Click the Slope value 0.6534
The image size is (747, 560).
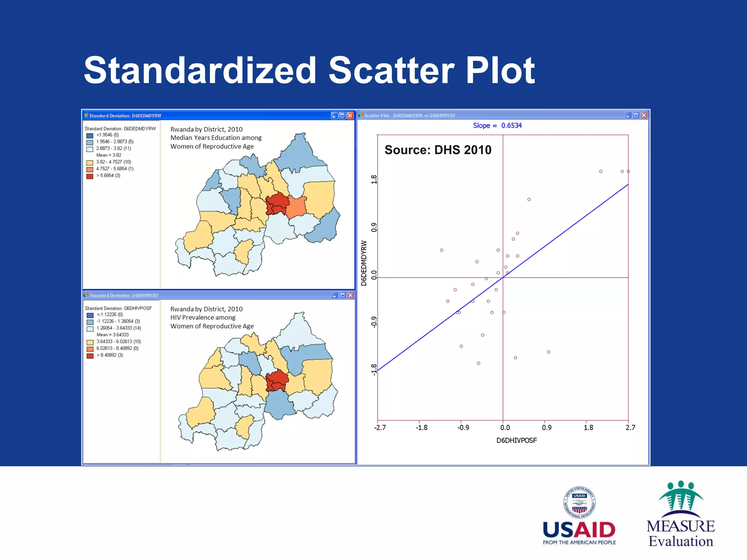click(x=511, y=125)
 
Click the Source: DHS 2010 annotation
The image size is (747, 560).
click(x=438, y=150)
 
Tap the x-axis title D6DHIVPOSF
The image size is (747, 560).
click(x=516, y=440)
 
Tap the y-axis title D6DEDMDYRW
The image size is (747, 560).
click(x=364, y=263)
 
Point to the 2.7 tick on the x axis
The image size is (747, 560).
click(x=630, y=428)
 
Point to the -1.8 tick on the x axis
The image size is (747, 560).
click(x=421, y=428)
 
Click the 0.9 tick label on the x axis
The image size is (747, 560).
click(x=546, y=428)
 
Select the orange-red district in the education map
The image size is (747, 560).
click(x=296, y=207)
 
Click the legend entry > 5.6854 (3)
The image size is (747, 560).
click(x=108, y=176)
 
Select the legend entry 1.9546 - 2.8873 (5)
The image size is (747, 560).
click(x=115, y=141)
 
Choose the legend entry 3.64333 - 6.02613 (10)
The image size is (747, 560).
click(x=118, y=342)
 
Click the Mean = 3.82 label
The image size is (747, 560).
click(x=108, y=155)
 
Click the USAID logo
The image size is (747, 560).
click(x=579, y=516)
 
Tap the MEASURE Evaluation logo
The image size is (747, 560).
click(x=681, y=514)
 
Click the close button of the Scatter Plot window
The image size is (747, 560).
click(x=644, y=115)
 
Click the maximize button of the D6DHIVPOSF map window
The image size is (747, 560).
click(x=342, y=295)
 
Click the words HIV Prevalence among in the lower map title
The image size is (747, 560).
click(x=203, y=318)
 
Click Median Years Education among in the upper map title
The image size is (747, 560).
click(x=216, y=138)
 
